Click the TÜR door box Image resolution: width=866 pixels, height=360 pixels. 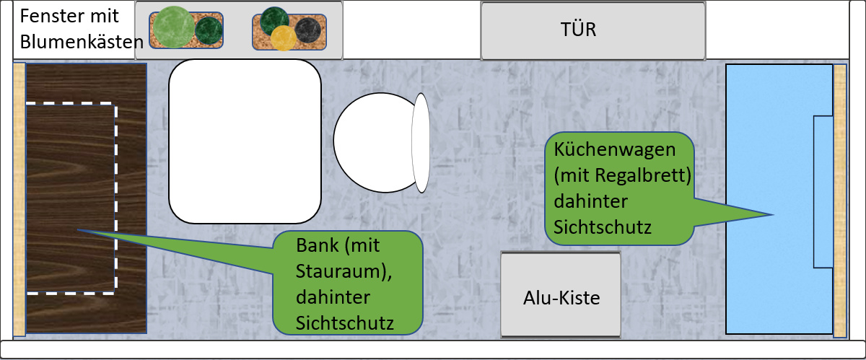(x=592, y=31)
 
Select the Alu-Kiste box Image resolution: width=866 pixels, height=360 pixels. (x=561, y=295)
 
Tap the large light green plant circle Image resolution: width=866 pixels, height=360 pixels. (x=174, y=27)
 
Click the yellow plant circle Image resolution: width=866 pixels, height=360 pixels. (x=283, y=38)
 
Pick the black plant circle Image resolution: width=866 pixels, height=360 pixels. (x=307, y=30)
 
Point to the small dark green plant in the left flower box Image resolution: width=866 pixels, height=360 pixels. (x=209, y=30)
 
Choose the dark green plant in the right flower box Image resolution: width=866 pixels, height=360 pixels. (x=275, y=20)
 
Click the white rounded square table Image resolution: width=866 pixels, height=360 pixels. (x=245, y=141)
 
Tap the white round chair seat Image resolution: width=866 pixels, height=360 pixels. (x=373, y=145)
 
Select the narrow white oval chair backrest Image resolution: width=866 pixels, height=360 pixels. (x=421, y=144)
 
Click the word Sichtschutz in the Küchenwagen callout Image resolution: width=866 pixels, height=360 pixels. (x=603, y=228)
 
